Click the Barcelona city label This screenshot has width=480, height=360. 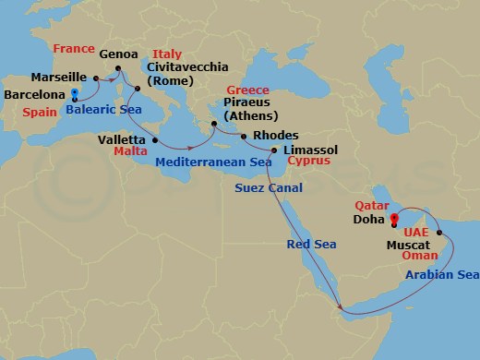pos(34,94)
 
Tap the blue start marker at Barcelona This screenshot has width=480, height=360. pos(74,93)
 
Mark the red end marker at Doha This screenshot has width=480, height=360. pos(394,220)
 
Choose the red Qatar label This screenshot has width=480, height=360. pos(369,207)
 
